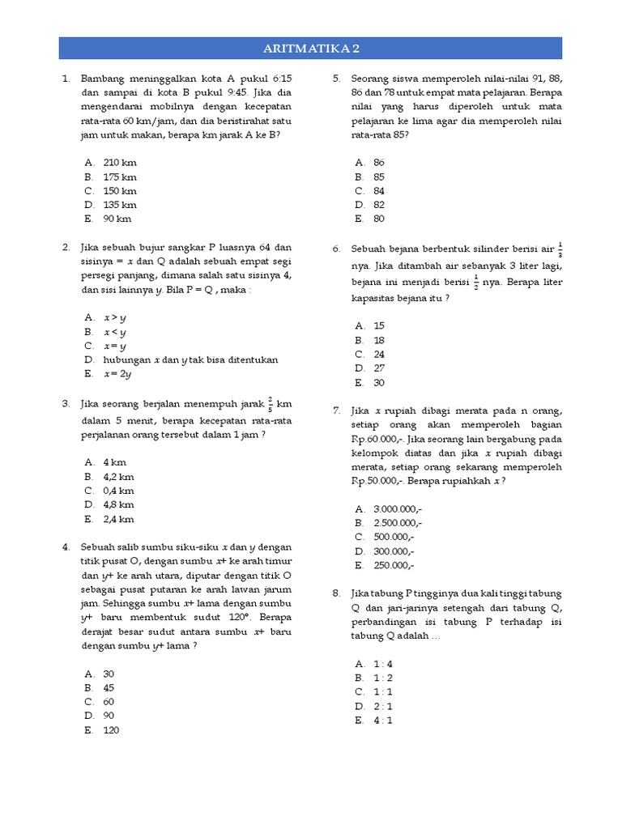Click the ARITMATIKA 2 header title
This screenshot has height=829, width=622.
[310, 49]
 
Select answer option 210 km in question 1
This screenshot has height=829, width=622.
[120, 163]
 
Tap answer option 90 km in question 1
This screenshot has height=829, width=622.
[117, 219]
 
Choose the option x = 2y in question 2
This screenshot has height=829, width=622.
[117, 374]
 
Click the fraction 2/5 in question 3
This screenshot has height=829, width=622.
[271, 403]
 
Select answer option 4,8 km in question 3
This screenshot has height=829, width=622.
[118, 504]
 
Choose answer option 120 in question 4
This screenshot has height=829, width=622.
[111, 729]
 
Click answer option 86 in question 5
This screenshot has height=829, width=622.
[379, 163]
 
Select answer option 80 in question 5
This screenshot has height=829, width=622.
[379, 219]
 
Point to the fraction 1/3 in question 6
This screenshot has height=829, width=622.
[560, 249]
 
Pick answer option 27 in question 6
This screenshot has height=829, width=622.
[379, 368]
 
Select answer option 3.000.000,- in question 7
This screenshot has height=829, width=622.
[398, 509]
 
